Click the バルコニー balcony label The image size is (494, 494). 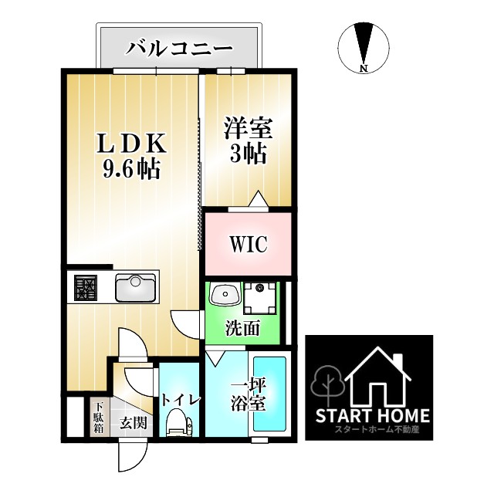point(179,47)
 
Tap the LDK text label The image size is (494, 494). point(131,144)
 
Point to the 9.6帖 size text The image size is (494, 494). point(131,169)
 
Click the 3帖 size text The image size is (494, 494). point(247,152)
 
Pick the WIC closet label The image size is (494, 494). point(247,244)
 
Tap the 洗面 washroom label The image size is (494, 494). point(242,329)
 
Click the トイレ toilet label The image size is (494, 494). point(181,400)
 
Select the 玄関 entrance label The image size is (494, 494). point(134,422)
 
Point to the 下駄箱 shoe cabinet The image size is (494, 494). point(99,418)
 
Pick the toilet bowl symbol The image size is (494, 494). point(178,421)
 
